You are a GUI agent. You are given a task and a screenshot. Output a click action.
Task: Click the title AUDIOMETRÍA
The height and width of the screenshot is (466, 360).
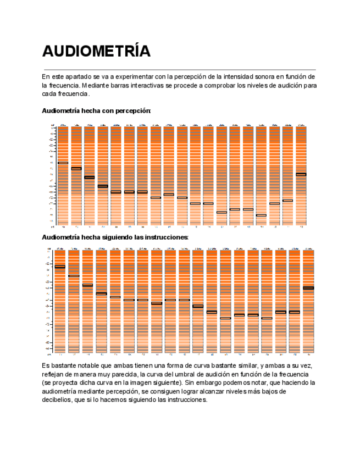click(x=96, y=51)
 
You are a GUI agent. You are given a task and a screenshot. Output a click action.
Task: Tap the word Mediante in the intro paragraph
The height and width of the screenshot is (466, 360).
click(x=97, y=85)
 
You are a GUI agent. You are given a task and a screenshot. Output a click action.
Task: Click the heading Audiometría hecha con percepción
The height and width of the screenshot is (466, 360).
click(x=96, y=110)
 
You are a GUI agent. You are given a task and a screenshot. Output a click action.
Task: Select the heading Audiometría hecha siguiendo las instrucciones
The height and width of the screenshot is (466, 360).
click(x=115, y=237)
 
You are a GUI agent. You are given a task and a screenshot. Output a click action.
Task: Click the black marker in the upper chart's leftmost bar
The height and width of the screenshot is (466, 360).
click(x=63, y=163)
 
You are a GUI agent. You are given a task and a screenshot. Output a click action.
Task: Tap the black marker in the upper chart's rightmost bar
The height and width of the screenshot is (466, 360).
click(x=301, y=174)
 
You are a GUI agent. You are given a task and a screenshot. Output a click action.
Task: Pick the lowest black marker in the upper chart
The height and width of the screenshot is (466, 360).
click(x=261, y=215)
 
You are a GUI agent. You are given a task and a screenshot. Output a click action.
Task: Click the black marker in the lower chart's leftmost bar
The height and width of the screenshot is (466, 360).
click(x=60, y=267)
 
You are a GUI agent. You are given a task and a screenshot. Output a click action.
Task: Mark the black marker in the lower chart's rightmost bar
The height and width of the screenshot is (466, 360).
click(x=308, y=288)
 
